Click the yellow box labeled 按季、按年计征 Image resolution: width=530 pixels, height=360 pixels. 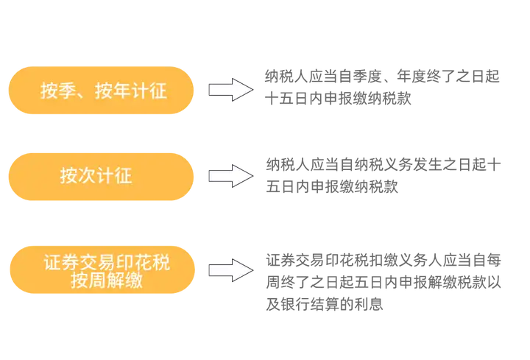click(x=102, y=91)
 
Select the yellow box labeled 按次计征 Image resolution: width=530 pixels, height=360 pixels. click(x=102, y=177)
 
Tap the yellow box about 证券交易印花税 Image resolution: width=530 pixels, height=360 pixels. click(x=102, y=270)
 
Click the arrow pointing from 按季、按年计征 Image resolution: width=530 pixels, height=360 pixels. click(x=230, y=91)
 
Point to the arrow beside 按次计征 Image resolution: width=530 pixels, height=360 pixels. click(x=230, y=177)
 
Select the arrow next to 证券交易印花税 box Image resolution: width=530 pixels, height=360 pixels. click(x=230, y=270)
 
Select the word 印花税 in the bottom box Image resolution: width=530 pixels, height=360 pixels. click(x=141, y=262)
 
